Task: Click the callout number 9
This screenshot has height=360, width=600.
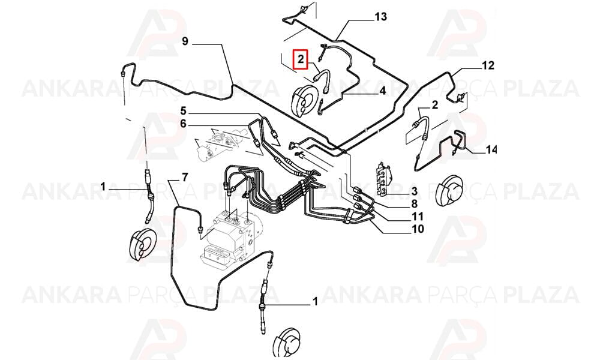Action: click(185, 41)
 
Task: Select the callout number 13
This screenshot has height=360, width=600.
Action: click(381, 17)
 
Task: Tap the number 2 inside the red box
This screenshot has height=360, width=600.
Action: click(301, 59)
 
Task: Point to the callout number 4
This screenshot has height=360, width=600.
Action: click(383, 91)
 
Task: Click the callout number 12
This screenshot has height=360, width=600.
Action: click(488, 65)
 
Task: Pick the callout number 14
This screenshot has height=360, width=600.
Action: click(491, 149)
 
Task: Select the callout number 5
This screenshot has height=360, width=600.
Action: click(183, 112)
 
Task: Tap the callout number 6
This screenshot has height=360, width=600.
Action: click(183, 124)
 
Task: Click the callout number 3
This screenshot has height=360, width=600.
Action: click(415, 191)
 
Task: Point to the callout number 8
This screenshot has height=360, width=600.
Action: click(415, 204)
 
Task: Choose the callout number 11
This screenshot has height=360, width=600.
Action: click(418, 217)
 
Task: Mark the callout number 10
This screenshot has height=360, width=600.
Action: click(418, 229)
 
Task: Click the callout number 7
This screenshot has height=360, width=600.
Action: click(185, 177)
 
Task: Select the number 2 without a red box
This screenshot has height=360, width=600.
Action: click(434, 105)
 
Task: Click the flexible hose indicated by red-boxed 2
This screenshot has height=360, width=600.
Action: click(321, 79)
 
